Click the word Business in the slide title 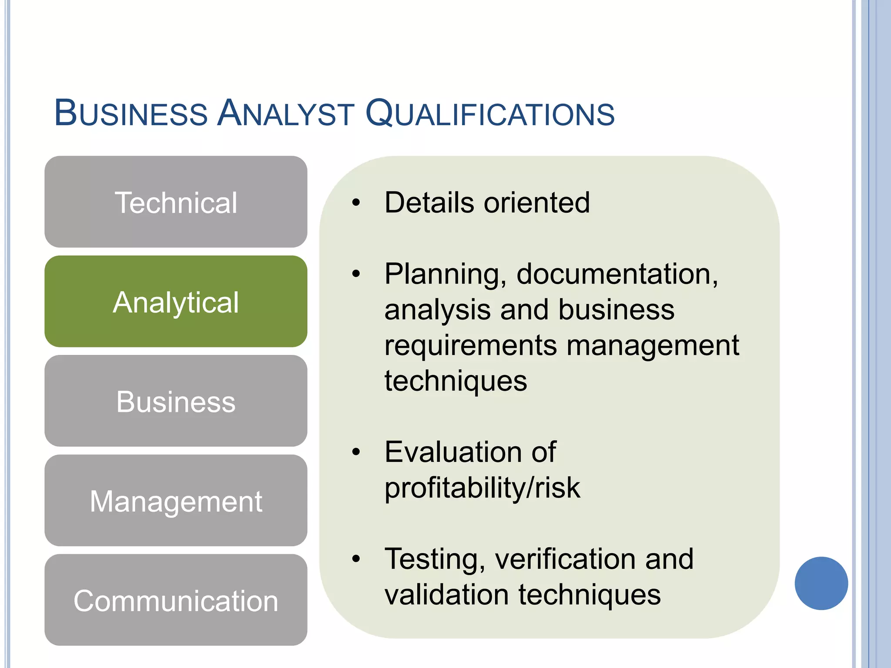[x=131, y=113]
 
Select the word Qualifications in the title [x=490, y=114]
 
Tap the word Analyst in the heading [x=286, y=113]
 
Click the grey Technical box [x=176, y=202]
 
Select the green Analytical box [x=176, y=301]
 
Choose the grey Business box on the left [x=176, y=401]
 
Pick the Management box [x=176, y=501]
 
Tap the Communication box [x=176, y=600]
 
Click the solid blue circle [x=821, y=583]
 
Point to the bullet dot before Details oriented [x=356, y=203]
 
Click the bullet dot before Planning [x=356, y=274]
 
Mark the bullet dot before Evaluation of [x=356, y=452]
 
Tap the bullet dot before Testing [x=356, y=559]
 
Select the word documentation [x=617, y=274]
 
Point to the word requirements [x=470, y=346]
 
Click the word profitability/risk [x=482, y=488]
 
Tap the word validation [x=446, y=595]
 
